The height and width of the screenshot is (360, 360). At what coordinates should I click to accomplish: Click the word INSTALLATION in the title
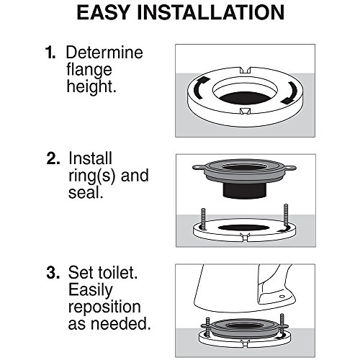click(x=211, y=12)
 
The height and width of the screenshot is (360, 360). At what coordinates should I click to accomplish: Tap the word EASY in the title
click(x=104, y=12)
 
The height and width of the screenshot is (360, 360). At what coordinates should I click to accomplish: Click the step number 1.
click(x=50, y=53)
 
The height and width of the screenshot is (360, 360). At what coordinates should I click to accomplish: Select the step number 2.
click(x=53, y=158)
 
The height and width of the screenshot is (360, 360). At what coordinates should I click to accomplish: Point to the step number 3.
click(x=53, y=273)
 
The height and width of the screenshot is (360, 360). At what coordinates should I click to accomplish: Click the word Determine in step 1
click(x=104, y=53)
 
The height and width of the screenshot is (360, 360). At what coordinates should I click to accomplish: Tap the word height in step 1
click(x=91, y=86)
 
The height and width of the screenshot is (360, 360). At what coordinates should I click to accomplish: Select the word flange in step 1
click(x=89, y=70)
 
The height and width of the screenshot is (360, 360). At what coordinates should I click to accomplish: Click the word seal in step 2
click(x=86, y=192)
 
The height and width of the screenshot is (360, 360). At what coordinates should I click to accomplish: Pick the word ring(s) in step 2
click(x=92, y=176)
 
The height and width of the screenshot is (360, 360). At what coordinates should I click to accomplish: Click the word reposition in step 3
click(x=104, y=307)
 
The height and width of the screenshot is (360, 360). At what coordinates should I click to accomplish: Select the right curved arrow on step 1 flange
click(x=289, y=93)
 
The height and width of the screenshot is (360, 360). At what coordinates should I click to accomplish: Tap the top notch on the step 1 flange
click(x=246, y=70)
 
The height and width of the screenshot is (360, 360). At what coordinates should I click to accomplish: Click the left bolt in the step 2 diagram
click(x=204, y=220)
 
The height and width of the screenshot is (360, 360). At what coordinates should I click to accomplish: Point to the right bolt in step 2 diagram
click(x=286, y=217)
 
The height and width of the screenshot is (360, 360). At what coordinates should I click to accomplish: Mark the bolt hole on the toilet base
click(x=282, y=297)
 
